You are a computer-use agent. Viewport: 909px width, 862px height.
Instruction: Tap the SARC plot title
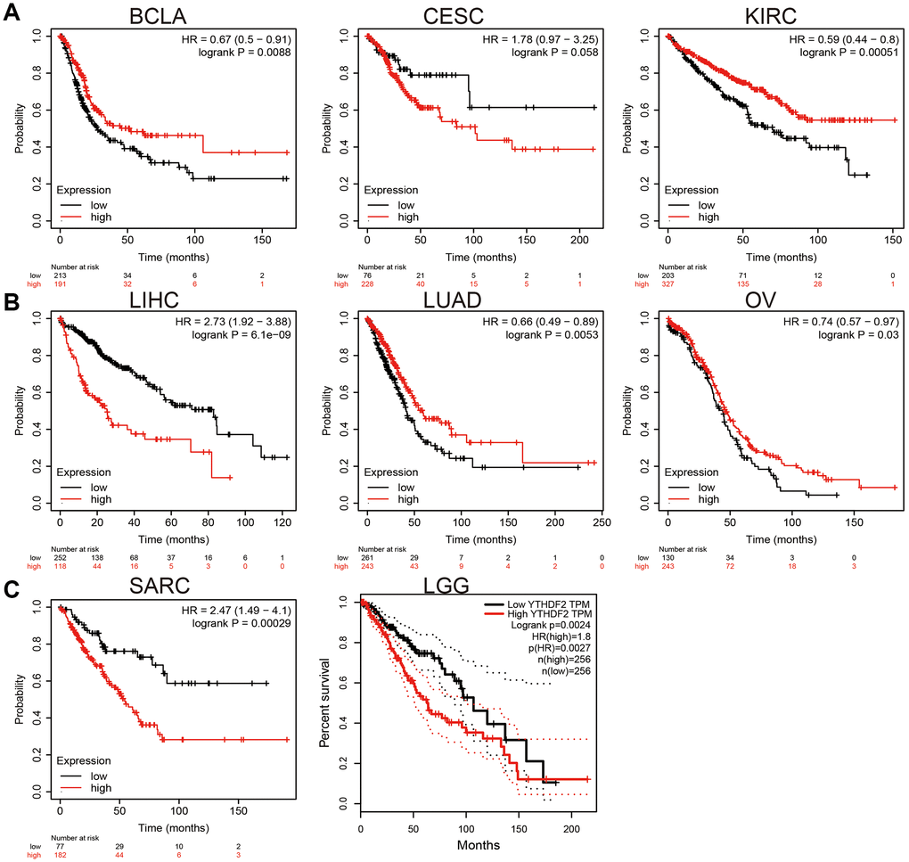[168, 585]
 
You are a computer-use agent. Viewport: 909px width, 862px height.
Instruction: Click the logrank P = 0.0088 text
[246, 54]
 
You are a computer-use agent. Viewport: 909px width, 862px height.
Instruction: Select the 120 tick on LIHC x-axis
[283, 521]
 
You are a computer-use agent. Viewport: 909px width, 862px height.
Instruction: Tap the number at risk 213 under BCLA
[61, 275]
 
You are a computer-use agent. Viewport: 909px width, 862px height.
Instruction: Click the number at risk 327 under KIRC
[669, 285]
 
